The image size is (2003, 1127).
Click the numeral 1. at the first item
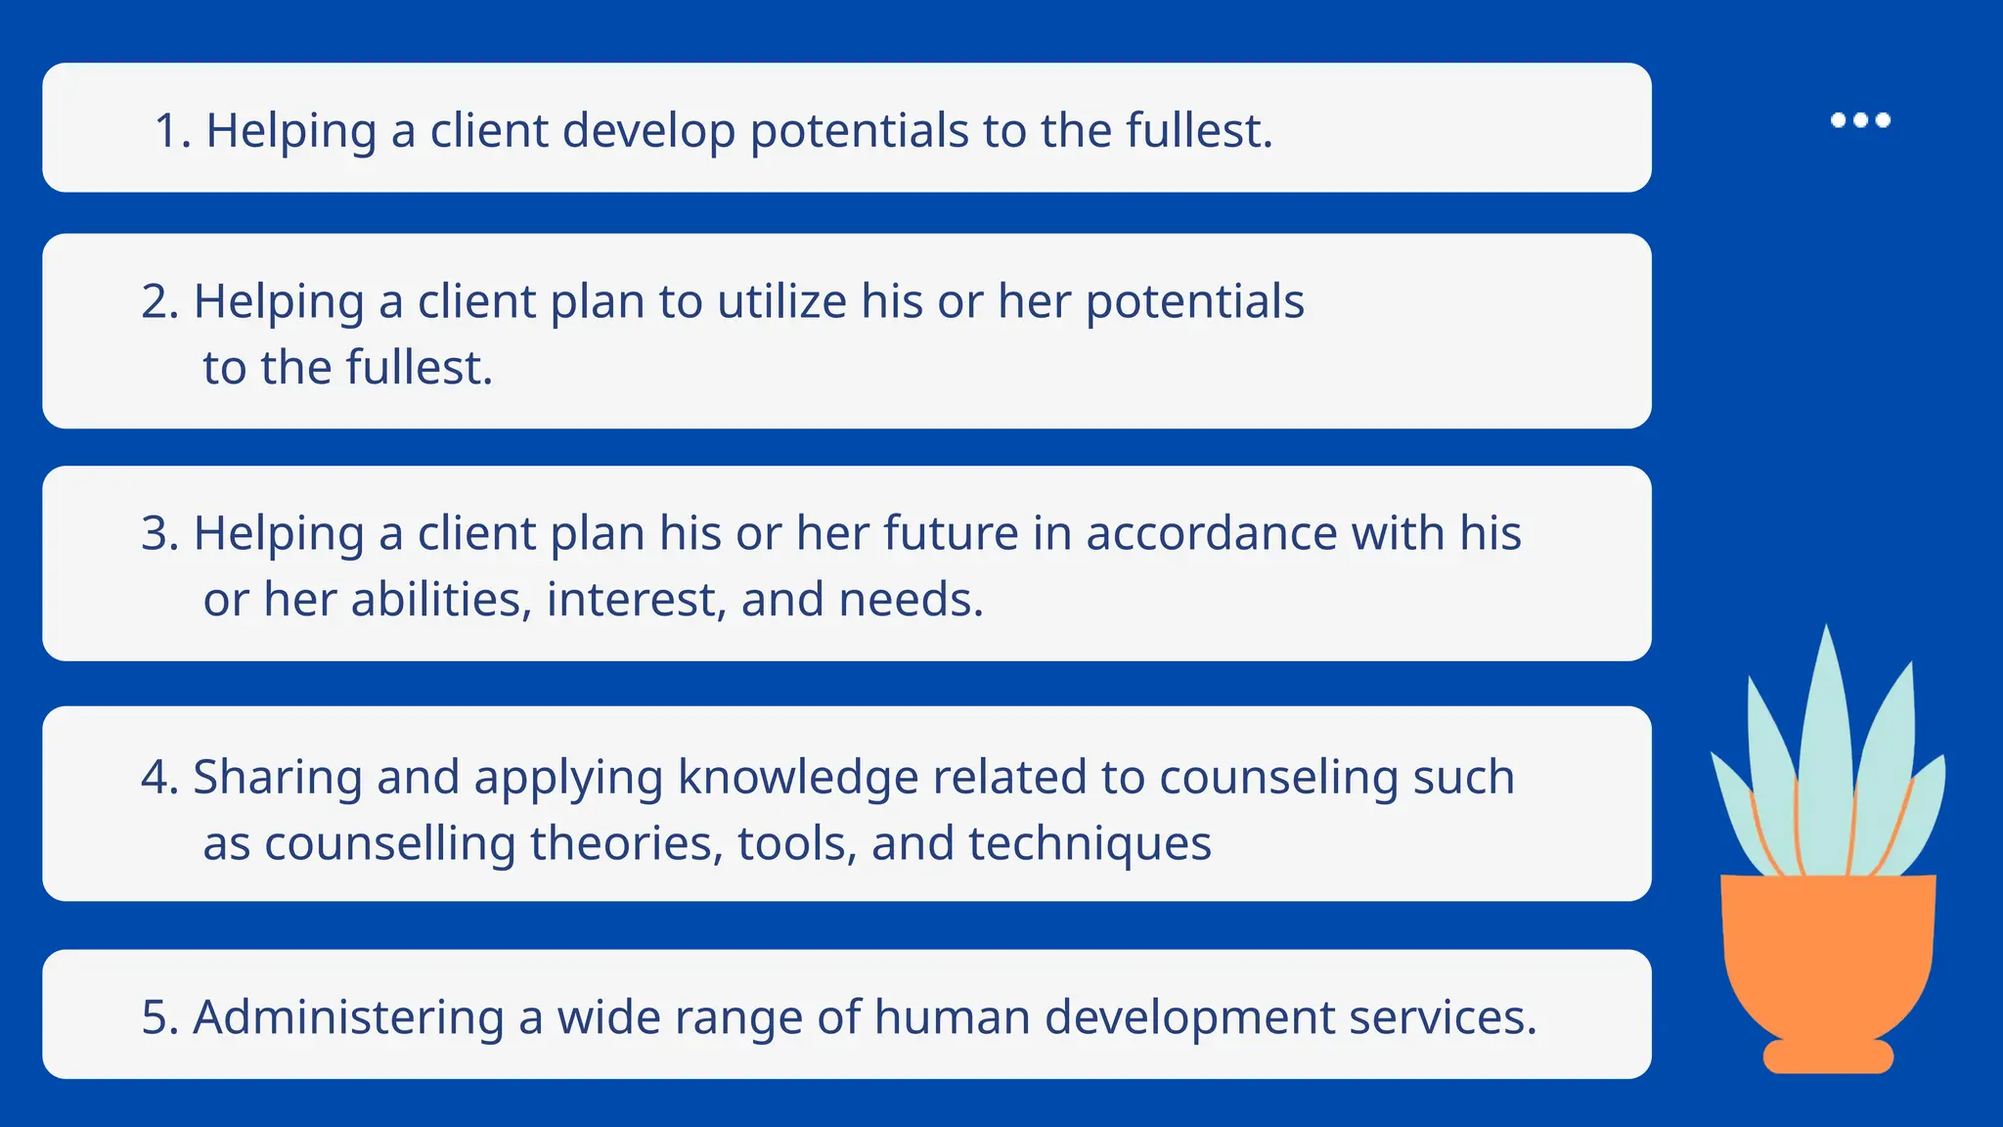pyautogui.click(x=172, y=130)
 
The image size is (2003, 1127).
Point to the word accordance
pyautogui.click(x=1211, y=534)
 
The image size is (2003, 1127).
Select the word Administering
pyautogui.click(x=348, y=1017)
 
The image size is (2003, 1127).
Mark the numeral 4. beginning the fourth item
pyautogui.click(x=159, y=778)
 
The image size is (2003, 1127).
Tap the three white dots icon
pyautogui.click(x=1860, y=120)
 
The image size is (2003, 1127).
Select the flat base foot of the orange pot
pyautogui.click(x=1828, y=1058)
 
